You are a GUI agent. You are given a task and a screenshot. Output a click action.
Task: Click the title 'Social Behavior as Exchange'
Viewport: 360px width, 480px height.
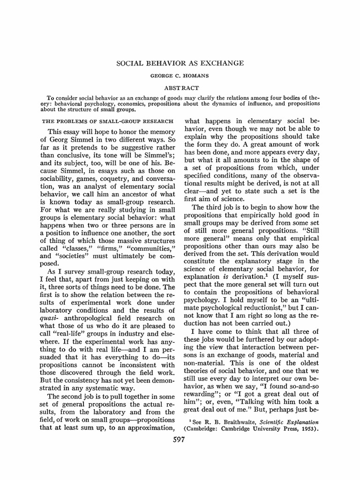[x=180, y=63]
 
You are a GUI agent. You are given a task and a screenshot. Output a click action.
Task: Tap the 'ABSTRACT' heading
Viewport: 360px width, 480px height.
[x=180, y=88]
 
